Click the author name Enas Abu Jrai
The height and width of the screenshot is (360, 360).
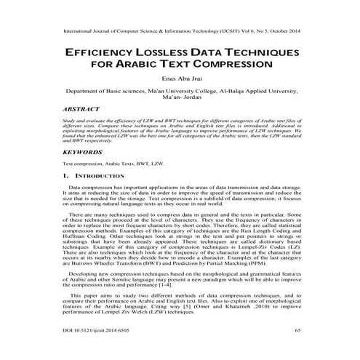(180, 81)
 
